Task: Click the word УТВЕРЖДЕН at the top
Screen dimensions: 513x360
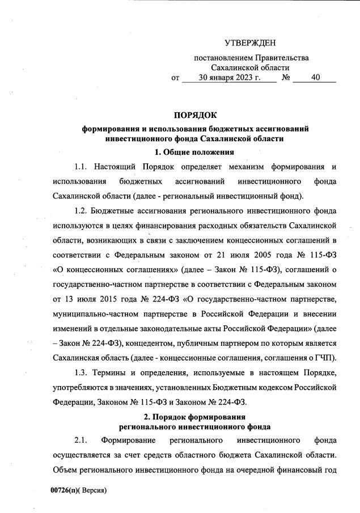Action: coord(251,43)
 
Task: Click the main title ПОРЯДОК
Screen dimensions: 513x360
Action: coord(196,116)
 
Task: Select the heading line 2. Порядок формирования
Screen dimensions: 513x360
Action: coord(195,417)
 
